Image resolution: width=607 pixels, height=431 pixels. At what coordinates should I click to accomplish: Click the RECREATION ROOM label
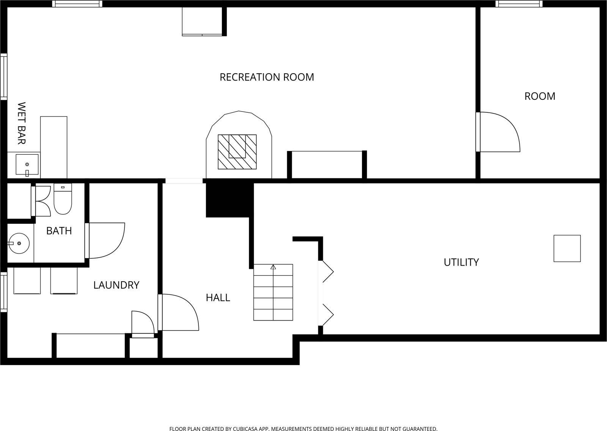tap(267, 77)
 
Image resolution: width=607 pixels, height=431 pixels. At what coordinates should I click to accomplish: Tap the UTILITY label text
tap(461, 262)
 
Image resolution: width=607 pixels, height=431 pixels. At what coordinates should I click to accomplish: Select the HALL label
tap(218, 297)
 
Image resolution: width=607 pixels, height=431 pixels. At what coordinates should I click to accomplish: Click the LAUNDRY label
tap(116, 285)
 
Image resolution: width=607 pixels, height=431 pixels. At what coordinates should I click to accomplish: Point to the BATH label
tap(59, 231)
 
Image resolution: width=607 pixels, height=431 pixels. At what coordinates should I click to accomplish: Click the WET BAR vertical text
tap(21, 123)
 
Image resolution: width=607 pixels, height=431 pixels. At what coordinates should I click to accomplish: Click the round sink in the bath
tap(18, 243)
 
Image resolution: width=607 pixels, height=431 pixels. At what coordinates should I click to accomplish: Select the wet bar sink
tap(27, 165)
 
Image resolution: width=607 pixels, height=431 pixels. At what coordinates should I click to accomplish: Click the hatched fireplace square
tap(237, 152)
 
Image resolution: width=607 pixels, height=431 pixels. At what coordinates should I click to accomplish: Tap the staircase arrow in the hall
tap(273, 267)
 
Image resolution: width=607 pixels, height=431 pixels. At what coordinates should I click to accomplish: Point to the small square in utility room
tap(567, 249)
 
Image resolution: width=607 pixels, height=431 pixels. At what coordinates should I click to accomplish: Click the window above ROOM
tap(519, 4)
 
